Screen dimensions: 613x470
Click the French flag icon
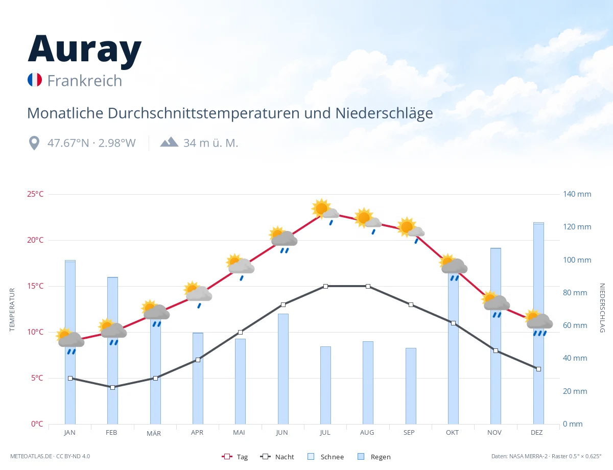coord(35,80)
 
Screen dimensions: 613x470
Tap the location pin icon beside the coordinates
coord(34,143)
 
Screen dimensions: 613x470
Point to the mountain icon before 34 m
coord(169,142)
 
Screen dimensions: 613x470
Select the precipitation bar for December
coord(538,323)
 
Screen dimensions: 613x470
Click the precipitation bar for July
coord(325,385)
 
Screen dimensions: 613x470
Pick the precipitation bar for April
coord(198,379)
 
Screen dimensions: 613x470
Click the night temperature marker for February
coord(112,387)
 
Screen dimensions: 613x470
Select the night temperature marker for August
coord(368,286)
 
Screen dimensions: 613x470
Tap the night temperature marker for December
coord(538,369)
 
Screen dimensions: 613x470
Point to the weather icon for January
coord(70,341)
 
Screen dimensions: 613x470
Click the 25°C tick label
coord(35,194)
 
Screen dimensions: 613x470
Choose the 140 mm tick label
coord(577,194)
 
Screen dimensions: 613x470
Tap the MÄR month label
coord(154,433)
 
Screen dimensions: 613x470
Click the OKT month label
coord(452,433)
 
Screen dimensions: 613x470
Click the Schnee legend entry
coord(325,457)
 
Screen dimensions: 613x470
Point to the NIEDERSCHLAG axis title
coord(602,308)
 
